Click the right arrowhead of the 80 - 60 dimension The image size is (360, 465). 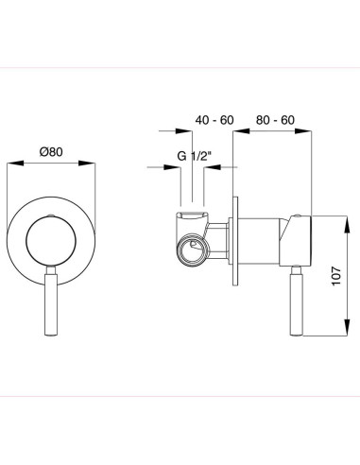click(x=307, y=134)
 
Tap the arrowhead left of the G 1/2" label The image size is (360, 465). click(x=177, y=168)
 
